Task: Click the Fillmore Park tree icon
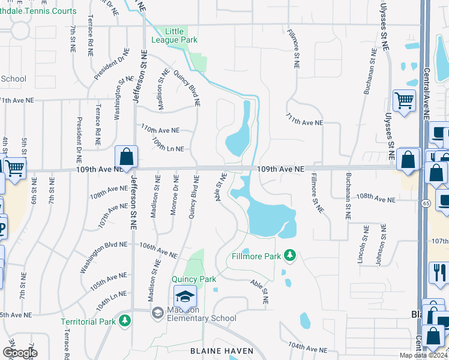(291, 256)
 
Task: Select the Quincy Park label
(193, 279)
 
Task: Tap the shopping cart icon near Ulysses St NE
(404, 100)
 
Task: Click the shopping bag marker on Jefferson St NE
(127, 158)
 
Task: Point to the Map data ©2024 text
(423, 355)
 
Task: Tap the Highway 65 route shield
(424, 202)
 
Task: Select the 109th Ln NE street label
(167, 145)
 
